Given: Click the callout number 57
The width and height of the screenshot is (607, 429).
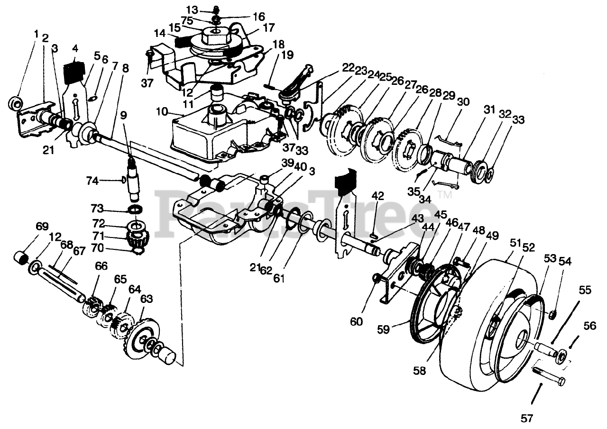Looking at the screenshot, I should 527,419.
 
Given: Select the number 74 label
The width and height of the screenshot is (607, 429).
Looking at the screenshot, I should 93,180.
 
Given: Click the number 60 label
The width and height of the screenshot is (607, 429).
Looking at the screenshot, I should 357,321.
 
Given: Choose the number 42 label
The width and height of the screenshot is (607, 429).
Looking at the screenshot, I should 378,195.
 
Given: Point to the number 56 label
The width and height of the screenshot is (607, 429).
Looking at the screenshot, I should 589,326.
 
